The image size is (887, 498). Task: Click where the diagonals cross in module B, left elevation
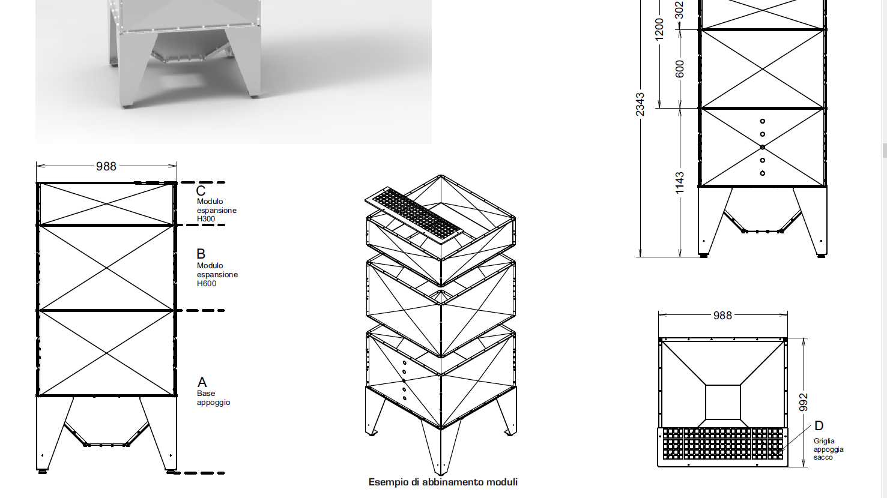pos(106,268)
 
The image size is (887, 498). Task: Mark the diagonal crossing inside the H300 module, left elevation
pos(106,204)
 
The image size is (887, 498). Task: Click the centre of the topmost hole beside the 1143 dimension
pos(762,121)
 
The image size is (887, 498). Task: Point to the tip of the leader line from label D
pos(777,452)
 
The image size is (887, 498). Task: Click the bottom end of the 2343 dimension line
pos(640,257)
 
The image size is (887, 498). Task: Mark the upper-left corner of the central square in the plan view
pos(706,385)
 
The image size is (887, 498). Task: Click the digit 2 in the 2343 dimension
pos(640,113)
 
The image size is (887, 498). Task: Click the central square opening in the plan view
pos(722,402)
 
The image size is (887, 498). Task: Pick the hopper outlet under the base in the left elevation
pos(106,433)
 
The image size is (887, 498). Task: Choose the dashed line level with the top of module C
pos(200,182)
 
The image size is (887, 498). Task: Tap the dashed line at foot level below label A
pos(199,473)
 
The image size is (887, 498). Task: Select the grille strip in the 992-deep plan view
pos(722,443)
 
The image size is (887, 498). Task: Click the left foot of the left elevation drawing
pos(43,472)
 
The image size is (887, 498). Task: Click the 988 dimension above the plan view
pos(722,315)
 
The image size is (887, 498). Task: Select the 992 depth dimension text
pos(803,402)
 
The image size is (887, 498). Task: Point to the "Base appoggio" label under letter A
pos(213,398)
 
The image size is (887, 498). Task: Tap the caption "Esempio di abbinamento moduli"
pos(443,482)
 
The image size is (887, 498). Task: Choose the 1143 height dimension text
pos(679,183)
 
